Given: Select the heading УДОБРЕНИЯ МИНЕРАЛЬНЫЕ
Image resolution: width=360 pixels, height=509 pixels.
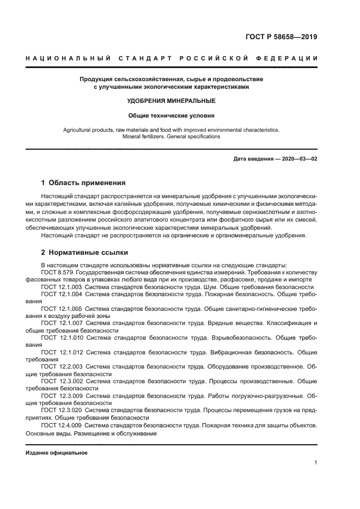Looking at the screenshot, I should pos(172,101).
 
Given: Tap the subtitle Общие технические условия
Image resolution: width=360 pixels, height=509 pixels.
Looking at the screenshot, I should pos(172,115).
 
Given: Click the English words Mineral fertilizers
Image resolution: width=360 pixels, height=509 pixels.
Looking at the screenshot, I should pos(146,137).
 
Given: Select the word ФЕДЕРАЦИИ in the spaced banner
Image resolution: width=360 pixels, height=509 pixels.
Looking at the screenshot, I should pos(288,58).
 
